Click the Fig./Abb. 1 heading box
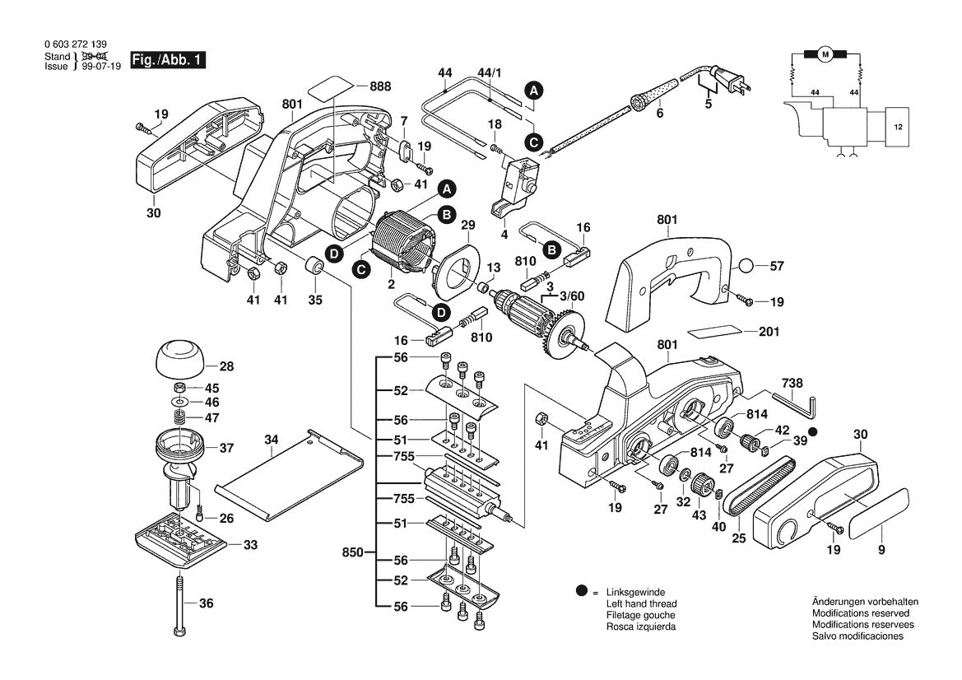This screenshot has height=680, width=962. click(x=169, y=60)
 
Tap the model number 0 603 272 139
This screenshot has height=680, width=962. click(x=75, y=45)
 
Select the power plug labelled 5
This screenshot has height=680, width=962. click(x=729, y=82)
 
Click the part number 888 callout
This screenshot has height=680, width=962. click(x=380, y=86)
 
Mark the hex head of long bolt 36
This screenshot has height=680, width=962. click(x=179, y=631)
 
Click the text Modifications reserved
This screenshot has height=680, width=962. click(x=860, y=613)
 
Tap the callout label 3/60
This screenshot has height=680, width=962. click(x=571, y=295)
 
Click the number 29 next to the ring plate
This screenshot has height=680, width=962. click(x=468, y=226)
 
